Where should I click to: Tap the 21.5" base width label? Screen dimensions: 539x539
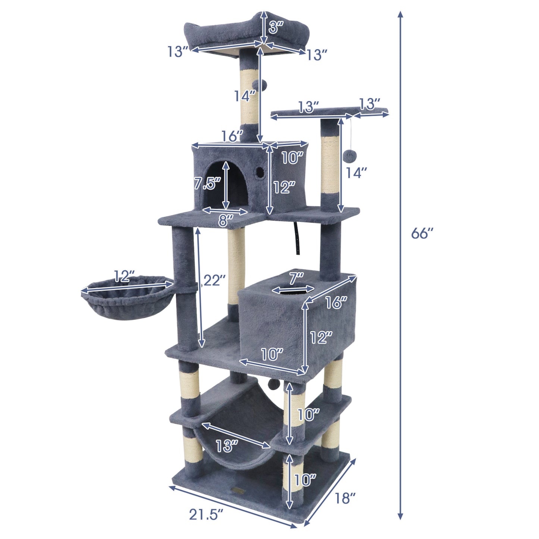coord(206,515)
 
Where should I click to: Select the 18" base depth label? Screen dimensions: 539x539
coord(342,498)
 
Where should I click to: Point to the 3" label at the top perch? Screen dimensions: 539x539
coord(276,27)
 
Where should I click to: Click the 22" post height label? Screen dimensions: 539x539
coord(213,280)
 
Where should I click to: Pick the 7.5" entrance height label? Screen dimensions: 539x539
coord(207,184)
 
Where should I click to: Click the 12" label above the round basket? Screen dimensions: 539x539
coord(124,276)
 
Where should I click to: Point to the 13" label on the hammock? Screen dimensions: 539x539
coord(226,445)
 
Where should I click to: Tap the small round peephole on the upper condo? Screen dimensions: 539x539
coord(258,172)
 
